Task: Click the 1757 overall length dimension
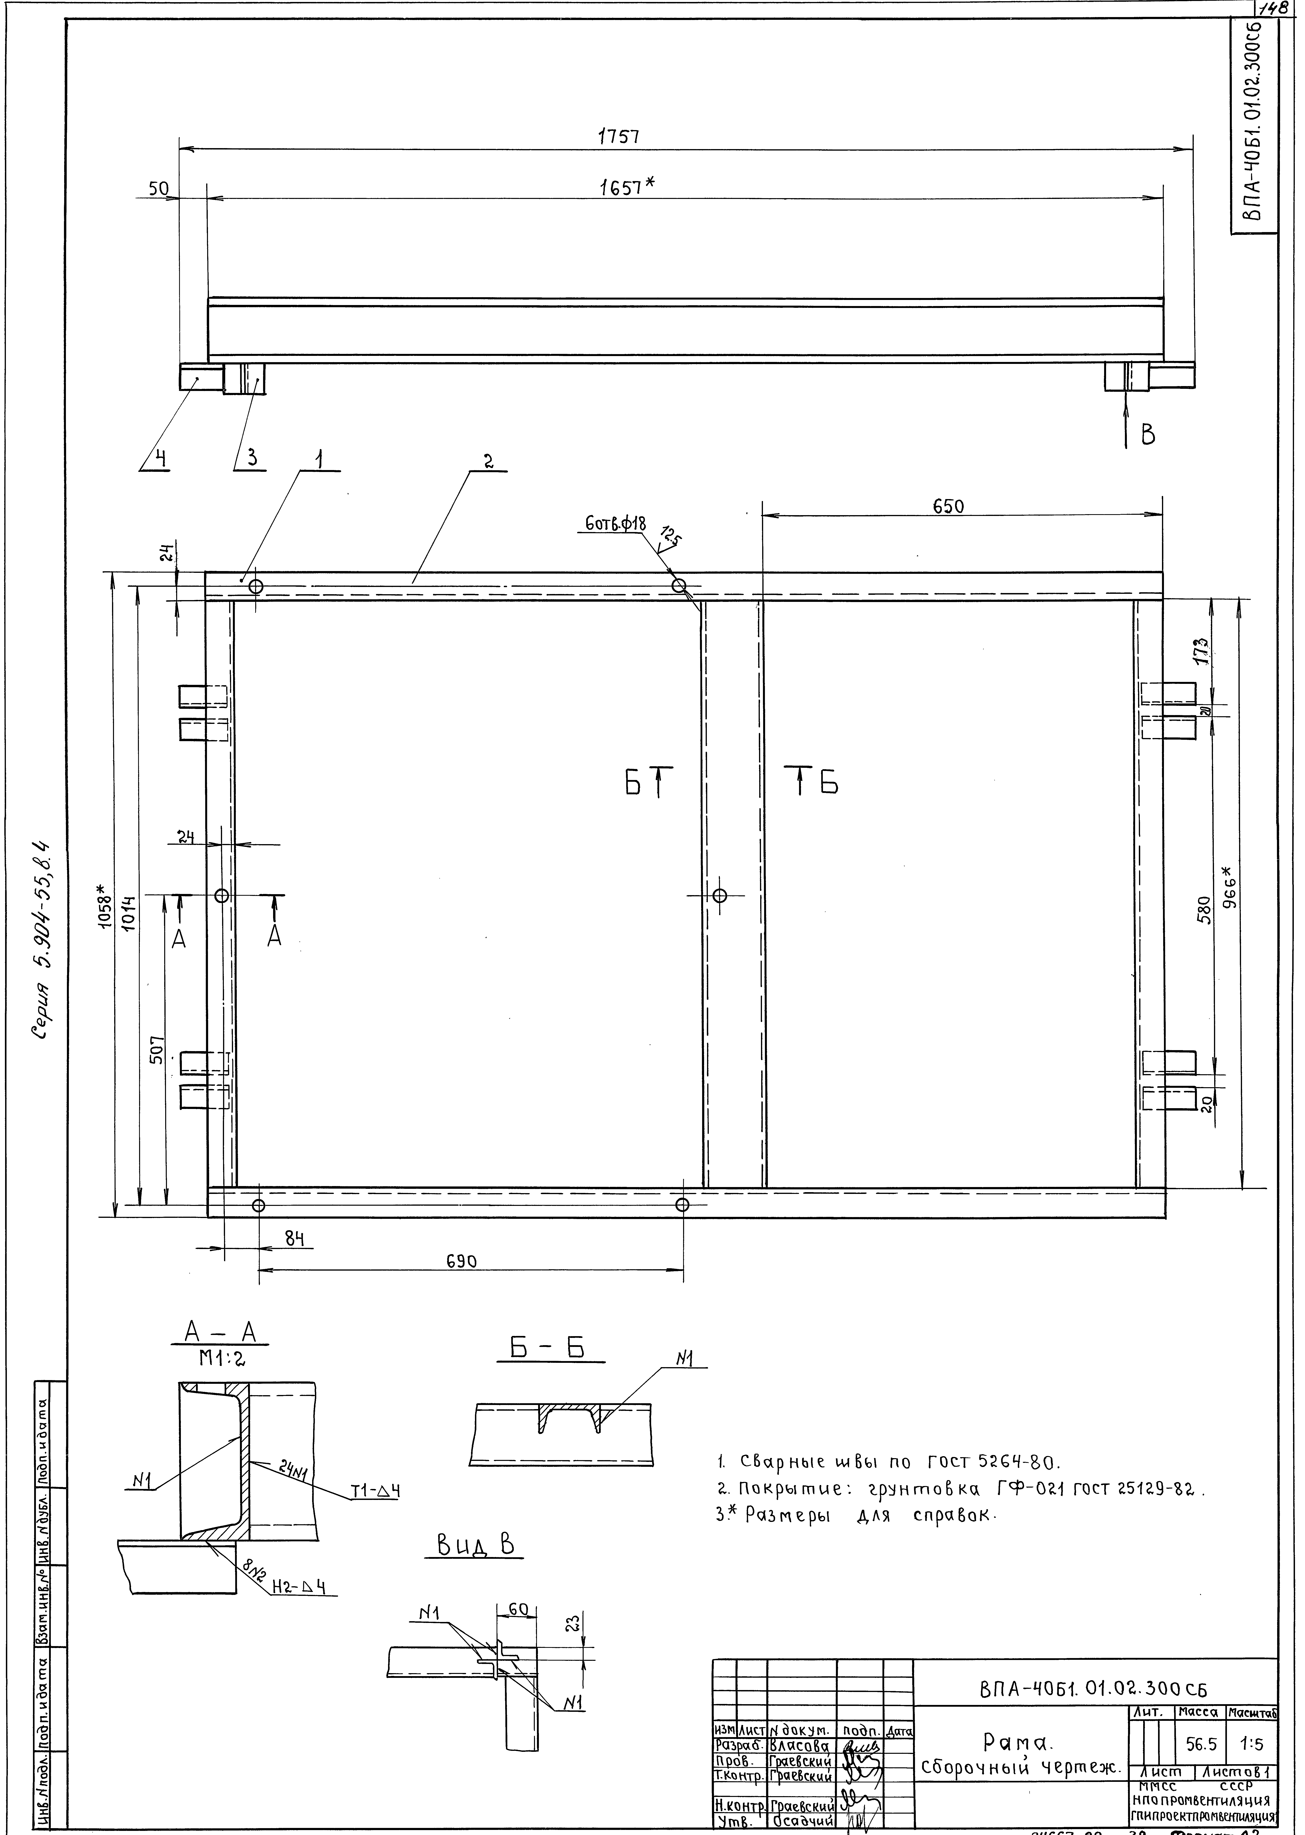(618, 137)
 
